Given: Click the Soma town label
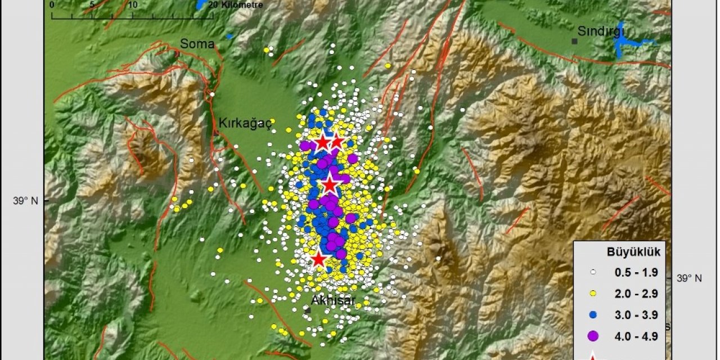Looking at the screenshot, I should click(x=197, y=44).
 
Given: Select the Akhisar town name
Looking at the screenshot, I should click(x=333, y=301).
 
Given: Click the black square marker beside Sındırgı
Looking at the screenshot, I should click(x=574, y=41).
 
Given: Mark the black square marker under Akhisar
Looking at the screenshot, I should click(x=308, y=310).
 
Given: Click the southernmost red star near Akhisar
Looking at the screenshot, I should click(x=319, y=259).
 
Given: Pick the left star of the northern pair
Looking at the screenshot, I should click(x=322, y=142).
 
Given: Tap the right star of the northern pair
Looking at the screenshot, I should click(x=336, y=142).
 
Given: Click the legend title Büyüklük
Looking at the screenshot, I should click(x=629, y=252).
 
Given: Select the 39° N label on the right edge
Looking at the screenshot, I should click(x=688, y=278).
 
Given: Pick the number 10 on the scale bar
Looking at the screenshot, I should click(x=133, y=4).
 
